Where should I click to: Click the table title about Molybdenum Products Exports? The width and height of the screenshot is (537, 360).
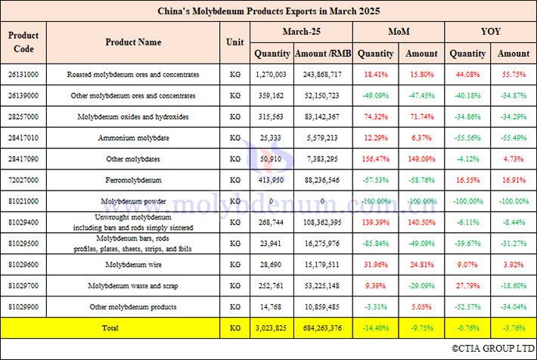(x=268, y=11)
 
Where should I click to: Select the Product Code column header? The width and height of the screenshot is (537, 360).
(x=23, y=42)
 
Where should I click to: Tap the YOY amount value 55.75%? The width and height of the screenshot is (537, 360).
(x=514, y=75)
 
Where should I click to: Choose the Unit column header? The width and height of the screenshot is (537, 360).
(x=235, y=42)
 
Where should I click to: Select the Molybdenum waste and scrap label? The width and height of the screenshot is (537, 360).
(x=133, y=286)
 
